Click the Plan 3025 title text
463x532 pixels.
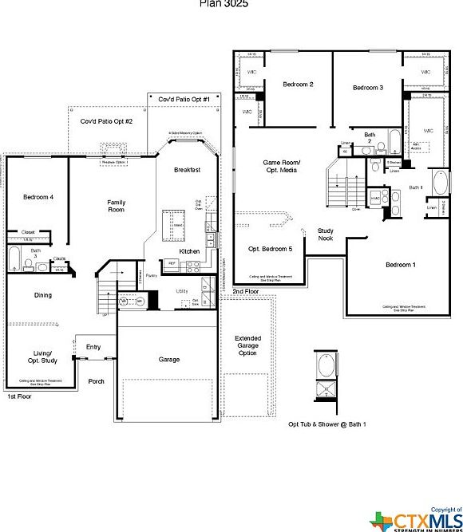coord(224,3)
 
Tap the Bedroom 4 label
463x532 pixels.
coord(38,196)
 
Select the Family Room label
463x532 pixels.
coord(117,206)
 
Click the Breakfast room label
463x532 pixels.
coord(188,170)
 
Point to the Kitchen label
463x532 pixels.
coord(189,251)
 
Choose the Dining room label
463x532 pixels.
coord(42,295)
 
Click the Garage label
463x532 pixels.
coord(169,360)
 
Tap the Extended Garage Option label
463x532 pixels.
coord(247,345)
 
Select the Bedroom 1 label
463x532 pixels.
coord(402,265)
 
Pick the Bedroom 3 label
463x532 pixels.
coord(369,87)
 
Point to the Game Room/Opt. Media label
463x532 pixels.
coord(280,167)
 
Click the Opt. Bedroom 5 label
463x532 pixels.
coord(270,248)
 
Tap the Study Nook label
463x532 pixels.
coord(325,234)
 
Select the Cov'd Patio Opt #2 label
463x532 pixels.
coord(106,121)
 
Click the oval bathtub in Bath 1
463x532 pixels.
coord(439,184)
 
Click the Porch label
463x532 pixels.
coord(96,381)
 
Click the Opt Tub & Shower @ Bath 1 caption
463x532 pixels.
coord(327,424)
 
